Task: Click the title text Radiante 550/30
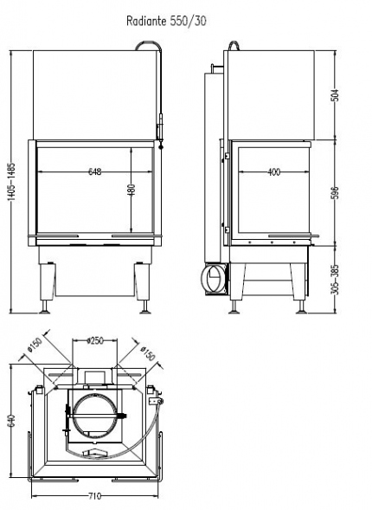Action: pyautogui.click(x=166, y=21)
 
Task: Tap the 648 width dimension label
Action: pyautogui.click(x=95, y=171)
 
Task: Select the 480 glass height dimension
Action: pyautogui.click(x=131, y=190)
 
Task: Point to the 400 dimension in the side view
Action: pyautogui.click(x=274, y=171)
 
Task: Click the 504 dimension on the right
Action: pyautogui.click(x=336, y=95)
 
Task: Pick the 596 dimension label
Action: pyautogui.click(x=336, y=192)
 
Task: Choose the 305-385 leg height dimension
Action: pyautogui.click(x=336, y=280)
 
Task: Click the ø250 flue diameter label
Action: pyautogui.click(x=95, y=340)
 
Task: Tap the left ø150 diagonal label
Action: pyautogui.click(x=35, y=345)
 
